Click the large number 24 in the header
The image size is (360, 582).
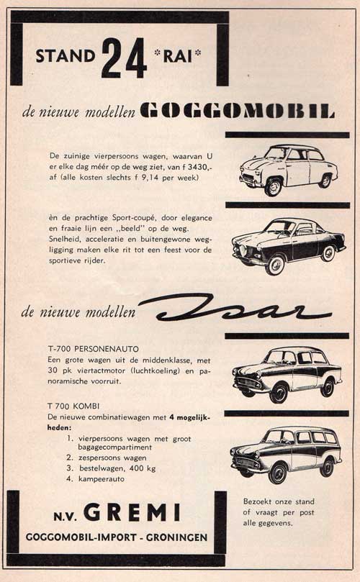click(124, 56)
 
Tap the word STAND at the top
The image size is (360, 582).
click(66, 56)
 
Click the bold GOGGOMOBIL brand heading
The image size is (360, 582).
click(237, 112)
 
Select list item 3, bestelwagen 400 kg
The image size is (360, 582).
click(115, 467)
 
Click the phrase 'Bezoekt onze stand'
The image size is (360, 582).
click(280, 501)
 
